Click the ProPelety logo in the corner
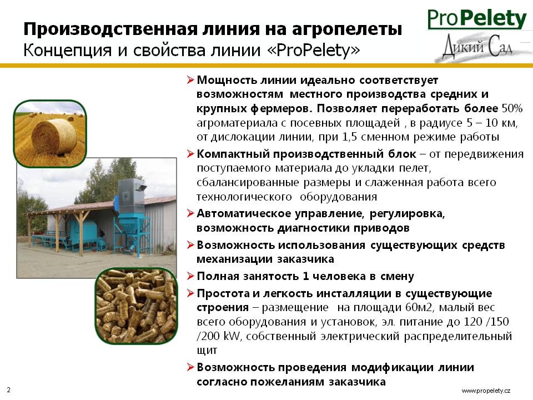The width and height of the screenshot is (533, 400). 477,19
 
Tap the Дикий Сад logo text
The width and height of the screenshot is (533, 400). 478,47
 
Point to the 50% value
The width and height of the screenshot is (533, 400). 512,108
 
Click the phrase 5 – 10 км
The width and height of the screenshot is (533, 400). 491,122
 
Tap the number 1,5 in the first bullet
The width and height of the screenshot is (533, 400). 350,137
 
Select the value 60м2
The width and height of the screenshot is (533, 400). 419,307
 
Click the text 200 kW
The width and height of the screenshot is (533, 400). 219,336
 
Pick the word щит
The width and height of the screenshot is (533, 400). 207,351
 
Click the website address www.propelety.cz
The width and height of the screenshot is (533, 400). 486,391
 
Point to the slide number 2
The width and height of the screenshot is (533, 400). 8,390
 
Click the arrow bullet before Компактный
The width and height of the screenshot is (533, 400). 190,154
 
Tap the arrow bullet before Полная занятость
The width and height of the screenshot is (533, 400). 190,276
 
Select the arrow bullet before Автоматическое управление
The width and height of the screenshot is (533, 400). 190,213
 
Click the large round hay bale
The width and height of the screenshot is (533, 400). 54,137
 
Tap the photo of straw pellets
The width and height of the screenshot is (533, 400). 137,306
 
